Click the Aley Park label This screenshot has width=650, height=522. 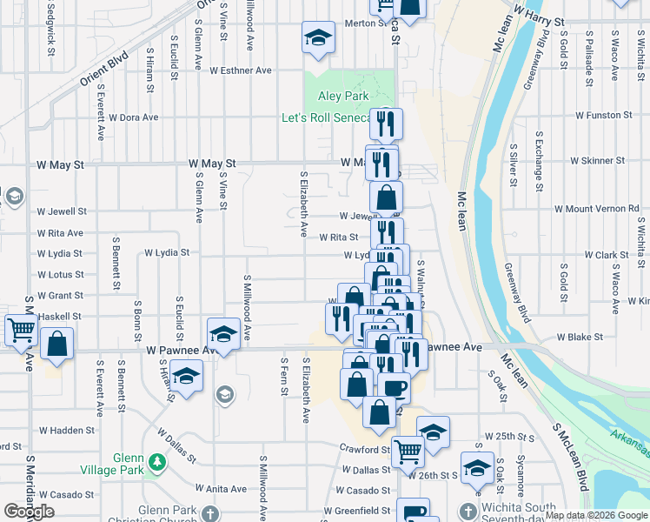pos(343,97)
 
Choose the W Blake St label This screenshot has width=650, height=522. pos(580,337)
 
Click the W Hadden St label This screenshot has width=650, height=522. pos(66,431)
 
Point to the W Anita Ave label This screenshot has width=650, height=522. pos(222,489)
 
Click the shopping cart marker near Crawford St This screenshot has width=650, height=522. pos(407,450)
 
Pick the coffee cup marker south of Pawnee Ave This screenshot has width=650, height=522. pos(394,386)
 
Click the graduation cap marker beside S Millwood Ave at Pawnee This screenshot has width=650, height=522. pos(223,334)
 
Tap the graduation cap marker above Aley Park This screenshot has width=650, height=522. pos(318,38)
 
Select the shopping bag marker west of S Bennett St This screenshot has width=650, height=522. pos(56,342)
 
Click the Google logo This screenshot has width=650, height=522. pos(29,512)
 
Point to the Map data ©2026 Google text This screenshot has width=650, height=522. pos(596,515)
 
